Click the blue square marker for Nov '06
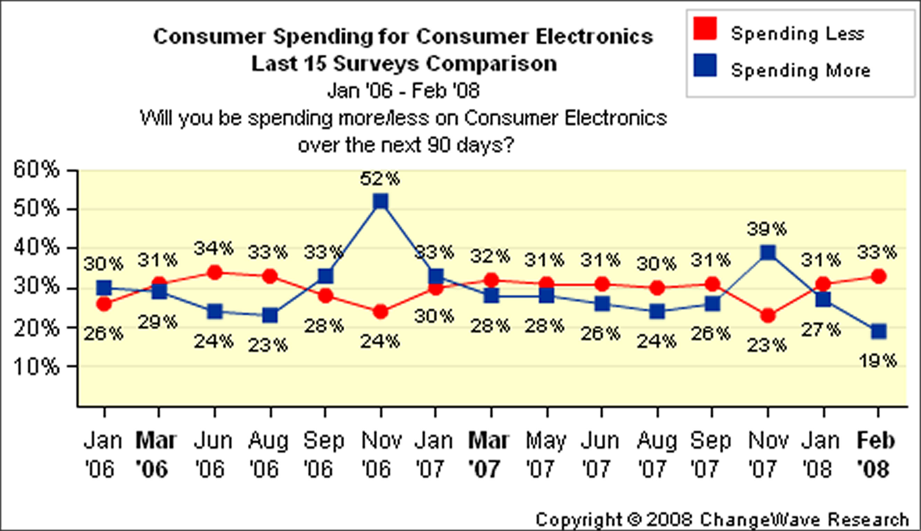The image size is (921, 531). (381, 201)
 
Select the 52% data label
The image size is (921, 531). (380, 179)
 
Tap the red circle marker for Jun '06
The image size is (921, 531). (215, 272)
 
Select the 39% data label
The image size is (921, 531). (767, 229)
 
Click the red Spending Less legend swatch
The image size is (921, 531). (705, 28)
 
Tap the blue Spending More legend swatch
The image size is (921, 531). (705, 66)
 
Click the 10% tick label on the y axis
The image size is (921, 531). (36, 367)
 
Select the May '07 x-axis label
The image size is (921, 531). (546, 455)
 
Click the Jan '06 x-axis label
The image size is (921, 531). (102, 455)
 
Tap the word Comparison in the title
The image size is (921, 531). (492, 64)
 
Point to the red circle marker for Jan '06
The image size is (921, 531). (104, 303)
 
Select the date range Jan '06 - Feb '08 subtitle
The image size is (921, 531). (403, 90)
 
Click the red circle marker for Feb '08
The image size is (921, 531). (879, 276)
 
